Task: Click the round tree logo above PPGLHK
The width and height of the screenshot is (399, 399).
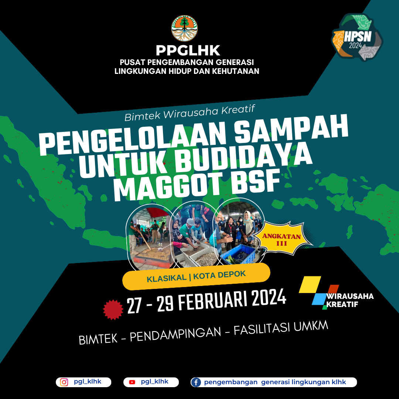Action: (x=184, y=28)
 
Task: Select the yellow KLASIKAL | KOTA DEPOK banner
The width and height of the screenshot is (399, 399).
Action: (x=196, y=276)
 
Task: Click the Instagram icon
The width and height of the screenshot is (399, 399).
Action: (x=64, y=382)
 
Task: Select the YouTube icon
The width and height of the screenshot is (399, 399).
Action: (x=132, y=382)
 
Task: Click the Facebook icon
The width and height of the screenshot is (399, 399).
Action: (x=196, y=382)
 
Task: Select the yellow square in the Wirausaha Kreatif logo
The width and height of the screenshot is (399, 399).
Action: (x=310, y=284)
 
